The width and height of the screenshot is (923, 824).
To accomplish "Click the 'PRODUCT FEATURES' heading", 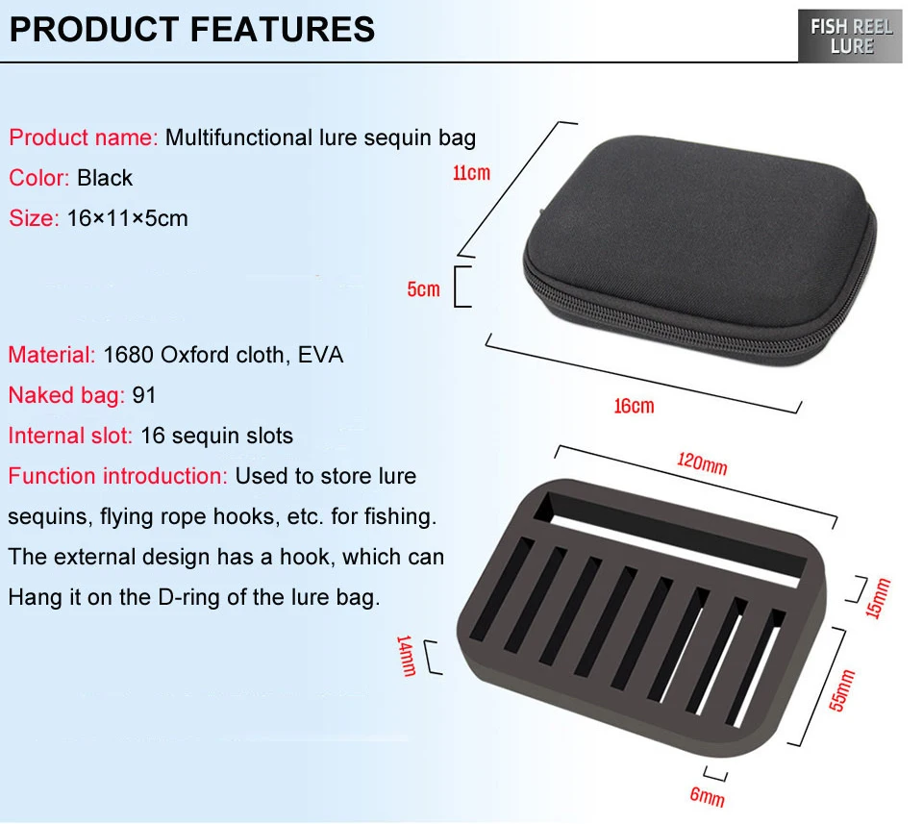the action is click(x=192, y=30).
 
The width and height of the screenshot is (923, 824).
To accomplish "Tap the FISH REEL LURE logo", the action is click(x=850, y=37).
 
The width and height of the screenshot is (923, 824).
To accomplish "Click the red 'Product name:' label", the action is click(x=84, y=137).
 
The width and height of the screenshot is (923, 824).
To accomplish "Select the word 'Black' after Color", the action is click(x=105, y=178).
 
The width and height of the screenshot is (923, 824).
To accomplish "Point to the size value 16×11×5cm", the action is click(x=128, y=218).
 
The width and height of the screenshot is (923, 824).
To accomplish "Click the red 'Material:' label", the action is click(x=52, y=355).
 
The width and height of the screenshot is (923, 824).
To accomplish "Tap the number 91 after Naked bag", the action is click(x=144, y=395).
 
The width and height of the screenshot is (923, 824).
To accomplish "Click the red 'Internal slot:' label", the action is click(x=70, y=436).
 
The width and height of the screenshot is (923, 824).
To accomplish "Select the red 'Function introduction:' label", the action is click(x=117, y=476).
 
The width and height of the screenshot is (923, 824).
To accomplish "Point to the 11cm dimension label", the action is click(x=471, y=173).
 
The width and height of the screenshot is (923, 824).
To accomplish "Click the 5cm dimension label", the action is click(x=424, y=289).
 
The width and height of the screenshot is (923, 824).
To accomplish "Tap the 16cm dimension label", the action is click(x=634, y=406).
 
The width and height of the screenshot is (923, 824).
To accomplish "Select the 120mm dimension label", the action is click(x=702, y=463).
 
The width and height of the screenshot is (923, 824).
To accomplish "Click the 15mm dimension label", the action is click(x=878, y=598).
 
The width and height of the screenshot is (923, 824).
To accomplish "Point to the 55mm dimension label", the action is click(x=842, y=689).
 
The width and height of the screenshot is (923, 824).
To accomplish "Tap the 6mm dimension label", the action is click(x=708, y=796).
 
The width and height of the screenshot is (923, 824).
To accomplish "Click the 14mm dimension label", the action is click(x=407, y=656).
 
